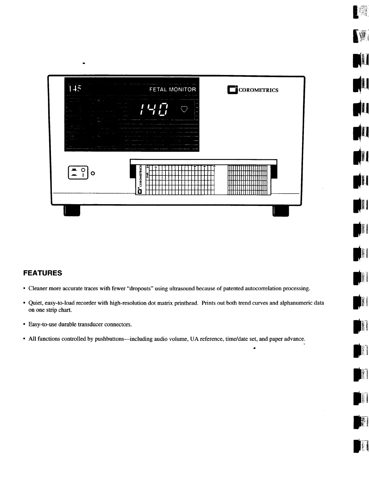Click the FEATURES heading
(x=43, y=273)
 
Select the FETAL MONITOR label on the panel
(x=172, y=89)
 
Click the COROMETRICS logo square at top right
(x=232, y=90)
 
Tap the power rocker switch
(x=78, y=173)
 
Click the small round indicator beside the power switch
(x=93, y=173)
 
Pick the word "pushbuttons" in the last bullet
(x=109, y=339)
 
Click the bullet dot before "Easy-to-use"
(x=24, y=325)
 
